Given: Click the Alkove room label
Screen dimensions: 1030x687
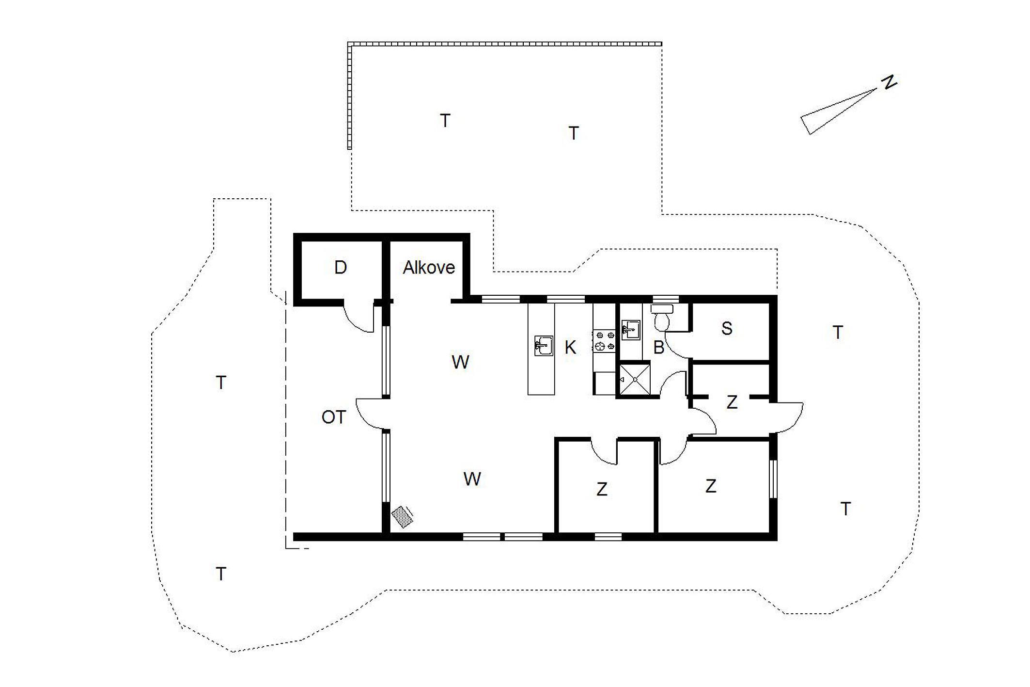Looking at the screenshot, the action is point(429,268).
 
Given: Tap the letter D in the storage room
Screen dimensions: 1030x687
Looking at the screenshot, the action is point(341,267).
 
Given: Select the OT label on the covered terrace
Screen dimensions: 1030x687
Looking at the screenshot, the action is point(334,417).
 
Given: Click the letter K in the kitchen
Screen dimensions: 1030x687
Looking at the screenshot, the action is point(570,347).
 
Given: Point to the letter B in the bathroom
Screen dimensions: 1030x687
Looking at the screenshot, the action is point(658,347).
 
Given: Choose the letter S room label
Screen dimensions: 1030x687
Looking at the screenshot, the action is point(727,328).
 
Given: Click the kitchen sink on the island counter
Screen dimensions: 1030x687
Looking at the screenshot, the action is point(544,346).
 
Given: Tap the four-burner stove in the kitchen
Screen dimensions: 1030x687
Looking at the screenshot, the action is point(604,340).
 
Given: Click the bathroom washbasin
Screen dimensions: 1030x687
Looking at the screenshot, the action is point(631,330).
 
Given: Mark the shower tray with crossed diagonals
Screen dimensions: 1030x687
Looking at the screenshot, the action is point(635,380).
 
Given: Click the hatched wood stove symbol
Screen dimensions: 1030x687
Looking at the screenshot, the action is point(403,516).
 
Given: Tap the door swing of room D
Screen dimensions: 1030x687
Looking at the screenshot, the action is point(359,317).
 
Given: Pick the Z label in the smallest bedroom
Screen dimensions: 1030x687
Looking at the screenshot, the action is point(732,402).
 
